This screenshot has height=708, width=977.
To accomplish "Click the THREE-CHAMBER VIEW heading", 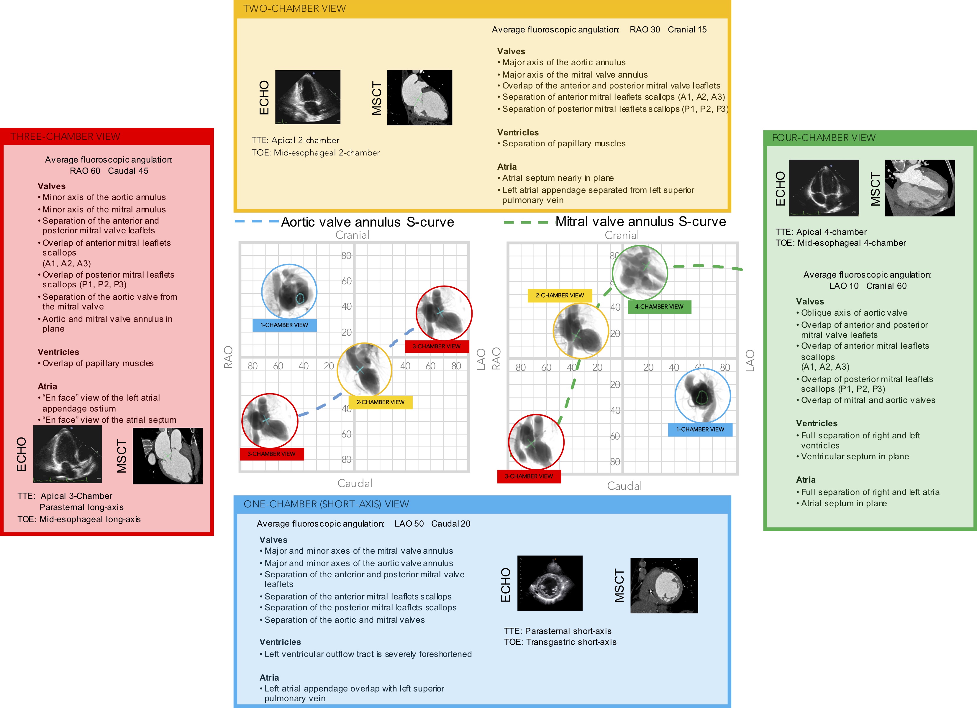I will coord(65,137).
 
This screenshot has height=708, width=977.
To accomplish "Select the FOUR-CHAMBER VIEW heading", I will coord(823,138).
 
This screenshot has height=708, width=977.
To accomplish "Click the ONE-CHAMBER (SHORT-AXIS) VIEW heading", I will coord(326,504).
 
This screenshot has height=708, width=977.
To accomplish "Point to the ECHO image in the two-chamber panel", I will coord(308,97).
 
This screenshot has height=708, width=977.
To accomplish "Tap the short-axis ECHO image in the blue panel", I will coord(549,583).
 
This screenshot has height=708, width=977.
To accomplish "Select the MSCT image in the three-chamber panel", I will coord(168,456).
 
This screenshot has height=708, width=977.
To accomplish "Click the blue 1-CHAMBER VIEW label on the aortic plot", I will coord(284,325).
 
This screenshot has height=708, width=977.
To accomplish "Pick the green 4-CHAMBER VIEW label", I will coord(659,307).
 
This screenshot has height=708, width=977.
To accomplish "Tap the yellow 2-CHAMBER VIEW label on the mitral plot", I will coord(560,296).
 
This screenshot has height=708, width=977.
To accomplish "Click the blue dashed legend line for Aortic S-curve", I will coord(256,222).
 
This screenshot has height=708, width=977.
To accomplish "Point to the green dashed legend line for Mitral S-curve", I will coord(526,222).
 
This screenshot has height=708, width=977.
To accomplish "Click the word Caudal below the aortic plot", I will coord(355,483).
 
